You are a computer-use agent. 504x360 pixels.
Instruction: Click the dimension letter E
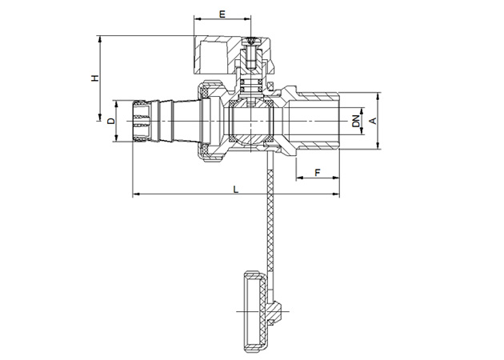pos(222,14)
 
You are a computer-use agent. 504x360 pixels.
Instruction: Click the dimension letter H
pos(95,78)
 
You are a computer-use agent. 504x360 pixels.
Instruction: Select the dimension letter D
pos(111,121)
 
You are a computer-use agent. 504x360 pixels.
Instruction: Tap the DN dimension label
pos(355,121)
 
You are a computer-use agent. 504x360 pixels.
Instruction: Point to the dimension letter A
pos(373,121)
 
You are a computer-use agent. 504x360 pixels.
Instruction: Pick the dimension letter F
pos(318,173)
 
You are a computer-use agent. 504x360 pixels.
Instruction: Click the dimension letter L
pos(236,190)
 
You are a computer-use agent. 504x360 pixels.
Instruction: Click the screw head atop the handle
pos(250,41)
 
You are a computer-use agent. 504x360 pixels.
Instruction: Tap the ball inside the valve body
pos(250,122)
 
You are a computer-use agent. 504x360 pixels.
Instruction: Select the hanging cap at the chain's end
pos(256,311)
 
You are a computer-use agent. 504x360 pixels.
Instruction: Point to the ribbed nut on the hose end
pos(142,121)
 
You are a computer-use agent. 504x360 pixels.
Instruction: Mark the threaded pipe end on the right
pos(318,121)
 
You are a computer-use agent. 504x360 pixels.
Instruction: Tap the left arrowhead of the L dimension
pos(136,194)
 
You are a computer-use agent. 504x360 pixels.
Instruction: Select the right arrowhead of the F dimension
pos(336,177)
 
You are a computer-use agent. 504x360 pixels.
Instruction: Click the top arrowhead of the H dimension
pos(100,39)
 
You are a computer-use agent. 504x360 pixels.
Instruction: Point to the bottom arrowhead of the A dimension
pos(378,146)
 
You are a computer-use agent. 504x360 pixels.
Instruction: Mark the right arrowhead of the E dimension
pos(247,19)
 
